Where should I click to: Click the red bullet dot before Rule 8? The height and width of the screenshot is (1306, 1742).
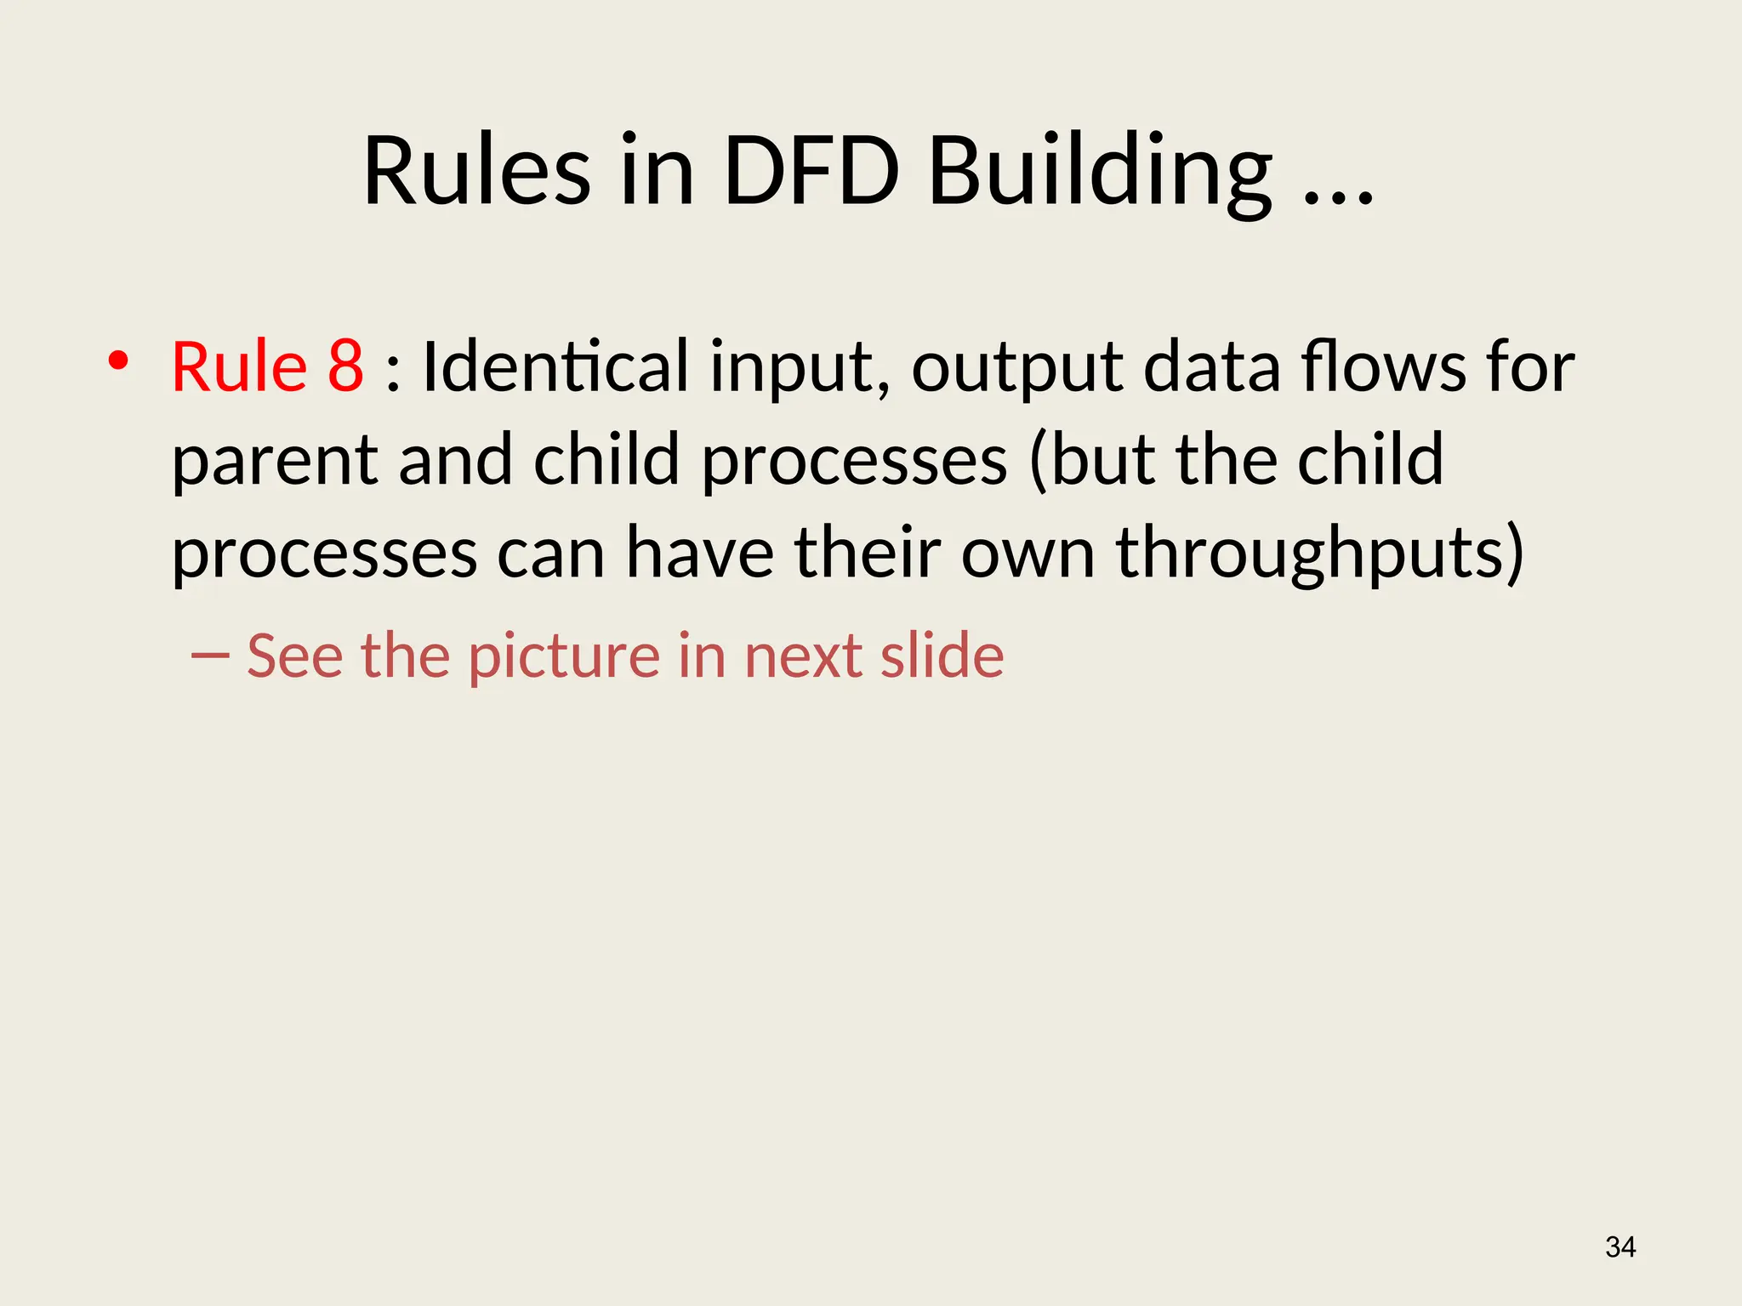pos(118,361)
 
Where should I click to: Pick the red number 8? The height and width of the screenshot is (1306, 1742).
pos(345,366)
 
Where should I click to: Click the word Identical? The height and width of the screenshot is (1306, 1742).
pos(555,366)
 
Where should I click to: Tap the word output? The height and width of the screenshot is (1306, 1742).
pos(1017,370)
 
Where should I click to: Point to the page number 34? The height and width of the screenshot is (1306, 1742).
pos(1620,1247)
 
